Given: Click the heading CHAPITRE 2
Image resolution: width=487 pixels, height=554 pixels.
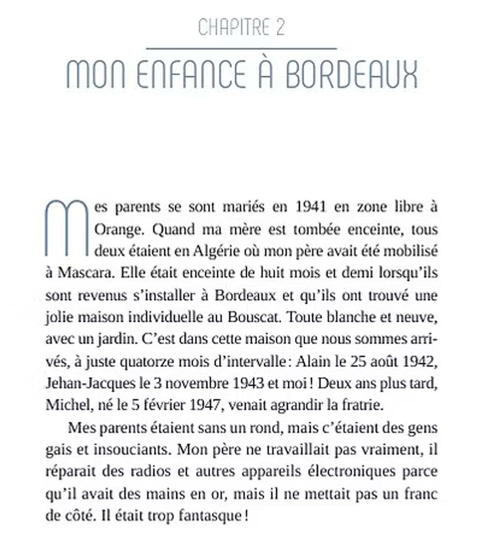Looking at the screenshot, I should coord(241,27).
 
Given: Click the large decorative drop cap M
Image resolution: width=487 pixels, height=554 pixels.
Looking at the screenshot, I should coord(67,227).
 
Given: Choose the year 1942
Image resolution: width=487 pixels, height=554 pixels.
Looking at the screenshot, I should coord(418,361).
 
